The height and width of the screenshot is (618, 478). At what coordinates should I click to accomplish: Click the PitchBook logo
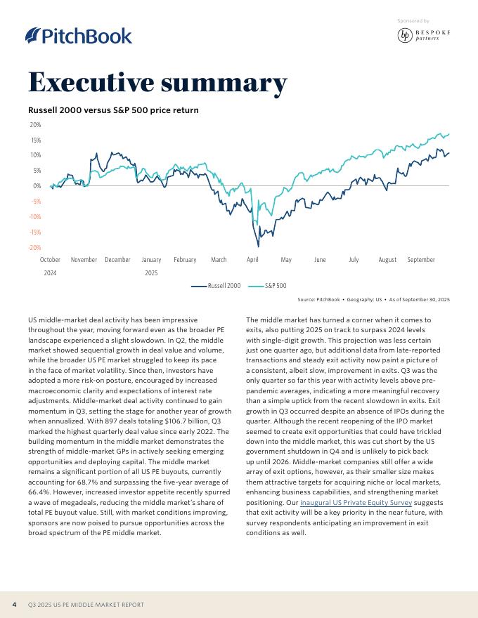(x=78, y=35)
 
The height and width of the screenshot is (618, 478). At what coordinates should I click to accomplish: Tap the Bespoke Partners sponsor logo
(x=423, y=35)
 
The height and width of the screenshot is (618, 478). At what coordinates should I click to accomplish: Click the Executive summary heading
(x=157, y=83)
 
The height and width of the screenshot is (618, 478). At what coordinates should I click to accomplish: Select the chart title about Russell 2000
(x=113, y=110)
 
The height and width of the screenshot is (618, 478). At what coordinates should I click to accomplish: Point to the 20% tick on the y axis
(x=35, y=125)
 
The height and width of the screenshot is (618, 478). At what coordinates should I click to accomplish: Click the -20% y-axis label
(x=34, y=248)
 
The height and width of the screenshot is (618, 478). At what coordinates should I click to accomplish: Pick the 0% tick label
(x=37, y=186)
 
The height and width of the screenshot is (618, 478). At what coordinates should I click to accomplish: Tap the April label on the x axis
(x=252, y=260)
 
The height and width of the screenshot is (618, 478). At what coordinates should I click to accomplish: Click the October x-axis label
(x=50, y=260)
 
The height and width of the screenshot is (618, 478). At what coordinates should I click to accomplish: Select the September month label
(x=421, y=260)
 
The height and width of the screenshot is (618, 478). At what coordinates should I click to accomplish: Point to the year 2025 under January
(x=151, y=272)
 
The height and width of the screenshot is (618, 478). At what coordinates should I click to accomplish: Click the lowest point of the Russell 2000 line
(x=258, y=246)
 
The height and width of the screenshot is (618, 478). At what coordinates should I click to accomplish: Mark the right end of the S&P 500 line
(x=448, y=133)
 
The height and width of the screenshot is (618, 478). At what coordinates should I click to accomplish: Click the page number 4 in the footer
(x=14, y=604)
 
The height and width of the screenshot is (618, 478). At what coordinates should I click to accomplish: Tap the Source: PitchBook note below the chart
(x=373, y=300)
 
